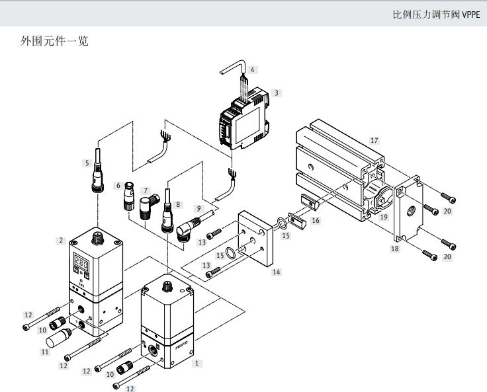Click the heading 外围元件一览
coord(54,41)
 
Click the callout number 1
coord(196,363)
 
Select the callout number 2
coord(60,241)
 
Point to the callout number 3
coord(276,93)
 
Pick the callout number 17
coord(374,140)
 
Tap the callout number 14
coord(277,272)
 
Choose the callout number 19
coord(382,216)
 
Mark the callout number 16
coord(315,220)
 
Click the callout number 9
coord(198,208)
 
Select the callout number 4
coord(252,69)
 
